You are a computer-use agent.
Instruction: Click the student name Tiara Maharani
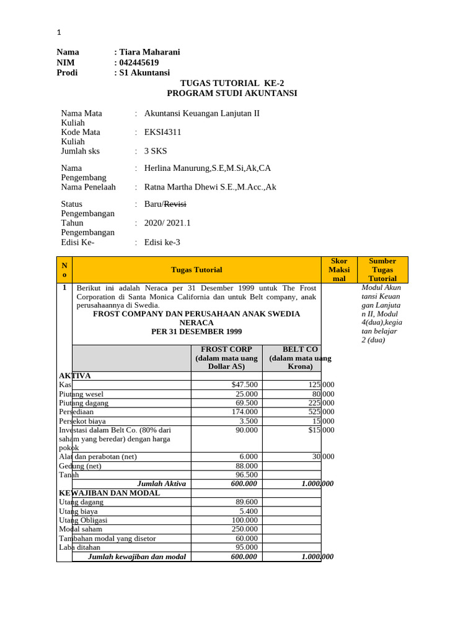coord(149,52)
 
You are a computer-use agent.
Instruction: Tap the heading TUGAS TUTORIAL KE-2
coord(232,83)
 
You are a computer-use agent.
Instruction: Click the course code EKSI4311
coord(163,132)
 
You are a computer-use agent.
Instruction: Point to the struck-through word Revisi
coord(175,204)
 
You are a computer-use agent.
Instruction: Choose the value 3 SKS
coord(156,151)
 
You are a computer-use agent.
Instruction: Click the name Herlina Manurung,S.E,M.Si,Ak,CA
coord(208,168)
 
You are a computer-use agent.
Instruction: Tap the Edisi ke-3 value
coord(162,242)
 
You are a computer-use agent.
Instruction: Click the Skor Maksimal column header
coord(339,270)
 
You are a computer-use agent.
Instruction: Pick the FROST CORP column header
coord(226,358)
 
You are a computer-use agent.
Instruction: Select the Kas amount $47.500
coord(244,384)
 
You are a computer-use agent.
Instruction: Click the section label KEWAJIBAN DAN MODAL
coord(110,493)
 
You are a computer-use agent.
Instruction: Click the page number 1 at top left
coord(59,32)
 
